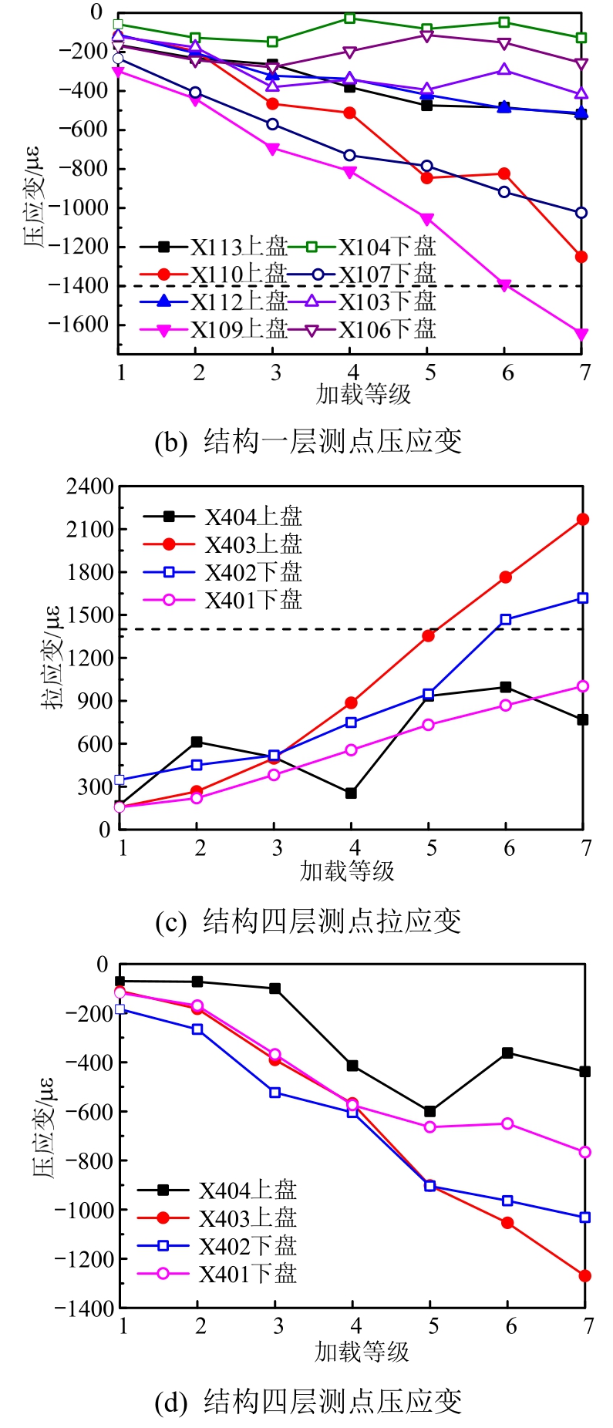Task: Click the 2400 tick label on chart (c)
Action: [x=89, y=487]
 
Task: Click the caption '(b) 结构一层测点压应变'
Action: [x=308, y=442]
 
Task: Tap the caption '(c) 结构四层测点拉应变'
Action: [x=308, y=921]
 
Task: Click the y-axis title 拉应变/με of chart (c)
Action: [x=52, y=658]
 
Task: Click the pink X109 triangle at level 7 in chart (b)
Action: [x=581, y=334]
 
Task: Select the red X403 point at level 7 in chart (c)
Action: [x=583, y=520]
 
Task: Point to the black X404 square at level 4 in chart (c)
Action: [x=352, y=793]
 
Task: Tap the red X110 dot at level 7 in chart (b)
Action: [x=581, y=257]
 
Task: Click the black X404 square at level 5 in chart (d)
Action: [x=429, y=1111]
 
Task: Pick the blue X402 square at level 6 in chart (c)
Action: [x=506, y=620]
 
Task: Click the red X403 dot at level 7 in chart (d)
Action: [x=585, y=1276]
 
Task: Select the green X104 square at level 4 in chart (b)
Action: [x=350, y=19]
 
